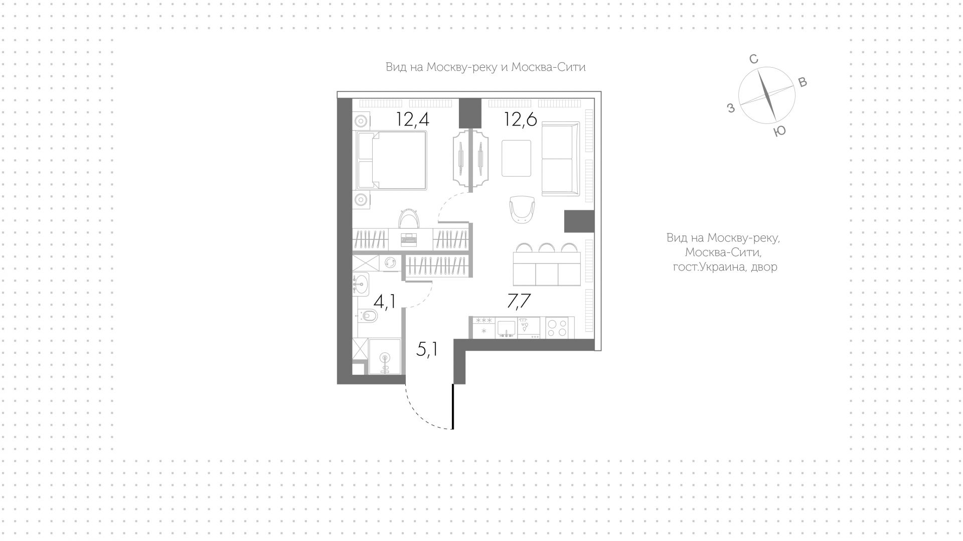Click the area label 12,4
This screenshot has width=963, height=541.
point(412,119)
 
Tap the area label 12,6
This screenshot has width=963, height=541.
point(521,119)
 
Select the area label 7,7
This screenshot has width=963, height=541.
point(519,301)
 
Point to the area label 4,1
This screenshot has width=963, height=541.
point(385,301)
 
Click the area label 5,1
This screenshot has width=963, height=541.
point(427,349)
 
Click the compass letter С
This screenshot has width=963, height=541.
point(753,60)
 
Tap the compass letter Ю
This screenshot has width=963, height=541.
point(779,131)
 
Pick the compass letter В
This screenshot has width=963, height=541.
point(802,83)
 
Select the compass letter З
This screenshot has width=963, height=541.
point(731,107)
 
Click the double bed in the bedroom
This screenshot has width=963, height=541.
point(392,161)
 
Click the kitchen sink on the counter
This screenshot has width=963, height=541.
point(507,327)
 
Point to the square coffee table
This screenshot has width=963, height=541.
point(516,158)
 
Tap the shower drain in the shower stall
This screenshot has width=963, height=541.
point(385,358)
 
